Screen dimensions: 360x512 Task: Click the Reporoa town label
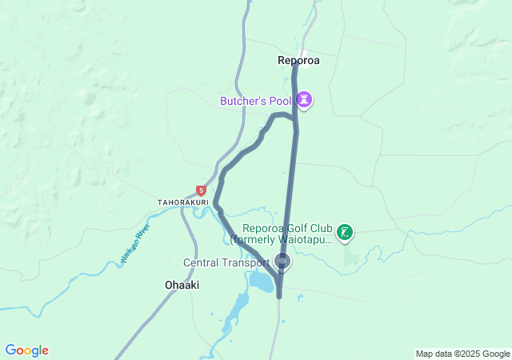(x=298, y=60)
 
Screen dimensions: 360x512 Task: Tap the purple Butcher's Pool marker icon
(x=305, y=100)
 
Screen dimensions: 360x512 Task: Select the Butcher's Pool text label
(x=255, y=101)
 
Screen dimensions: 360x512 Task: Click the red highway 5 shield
(x=201, y=190)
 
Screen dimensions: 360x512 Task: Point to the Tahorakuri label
(x=183, y=202)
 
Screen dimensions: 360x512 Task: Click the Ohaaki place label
(x=182, y=285)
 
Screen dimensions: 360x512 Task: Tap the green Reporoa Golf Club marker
(x=345, y=233)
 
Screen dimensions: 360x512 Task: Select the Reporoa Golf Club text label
(x=282, y=234)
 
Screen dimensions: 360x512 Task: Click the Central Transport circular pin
(x=282, y=261)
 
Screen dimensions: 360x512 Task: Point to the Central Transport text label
(x=226, y=262)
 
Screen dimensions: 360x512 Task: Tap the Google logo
(x=26, y=350)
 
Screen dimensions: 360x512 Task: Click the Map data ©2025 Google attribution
(x=462, y=354)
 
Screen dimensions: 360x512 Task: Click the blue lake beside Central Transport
(x=261, y=281)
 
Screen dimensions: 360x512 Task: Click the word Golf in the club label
(x=303, y=228)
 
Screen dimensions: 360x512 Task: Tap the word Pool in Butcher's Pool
(x=279, y=101)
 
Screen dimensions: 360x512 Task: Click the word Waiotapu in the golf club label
(x=305, y=239)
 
